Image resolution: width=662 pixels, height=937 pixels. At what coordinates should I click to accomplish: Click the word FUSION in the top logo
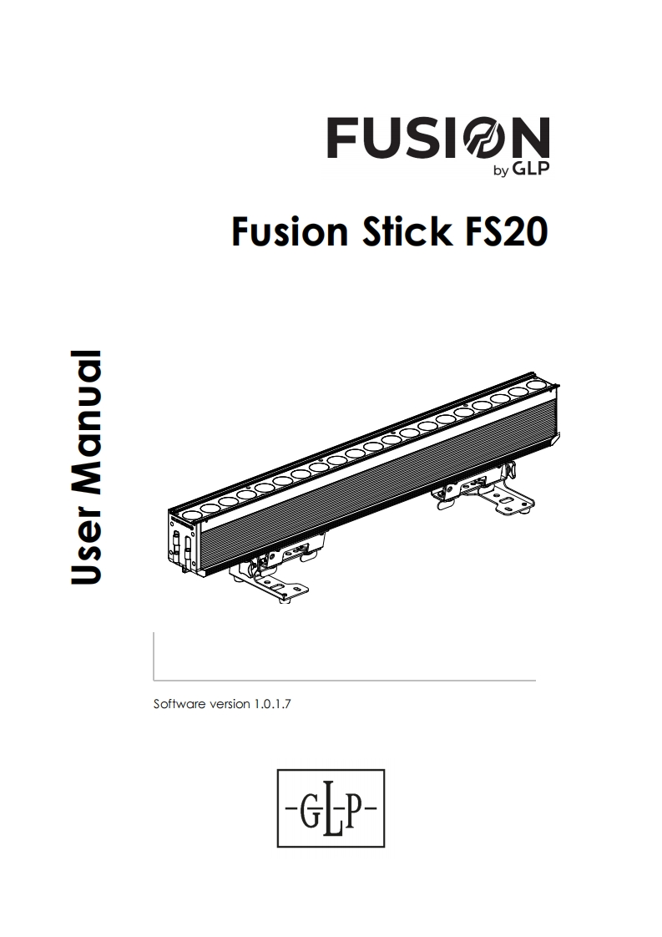(438, 138)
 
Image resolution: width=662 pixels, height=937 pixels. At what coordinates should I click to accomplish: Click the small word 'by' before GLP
(501, 171)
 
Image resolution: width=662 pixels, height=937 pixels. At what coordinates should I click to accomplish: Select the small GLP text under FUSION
(531, 169)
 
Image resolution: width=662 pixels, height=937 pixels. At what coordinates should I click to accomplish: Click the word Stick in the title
(407, 231)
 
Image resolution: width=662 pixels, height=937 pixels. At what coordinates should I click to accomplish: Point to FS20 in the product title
(505, 232)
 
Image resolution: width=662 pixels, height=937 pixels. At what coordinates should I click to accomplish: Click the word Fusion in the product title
(290, 232)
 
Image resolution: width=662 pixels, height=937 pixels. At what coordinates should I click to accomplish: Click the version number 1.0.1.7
(272, 704)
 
